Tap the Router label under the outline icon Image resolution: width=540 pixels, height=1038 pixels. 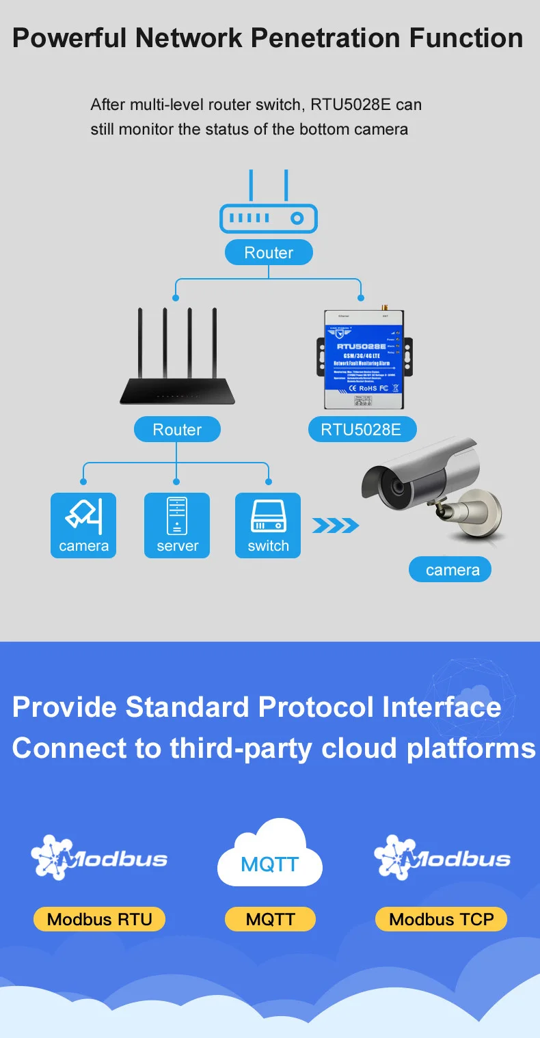[x=269, y=253]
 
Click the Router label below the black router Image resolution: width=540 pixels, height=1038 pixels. [x=177, y=430]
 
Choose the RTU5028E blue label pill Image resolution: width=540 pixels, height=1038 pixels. [x=361, y=430]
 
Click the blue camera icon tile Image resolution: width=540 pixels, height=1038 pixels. [x=83, y=525]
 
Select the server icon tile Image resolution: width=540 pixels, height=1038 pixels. [x=177, y=525]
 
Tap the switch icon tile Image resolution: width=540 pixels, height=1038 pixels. [x=268, y=525]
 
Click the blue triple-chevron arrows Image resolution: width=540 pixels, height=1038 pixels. [x=335, y=525]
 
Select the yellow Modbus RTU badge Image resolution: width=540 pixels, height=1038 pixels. [x=99, y=919]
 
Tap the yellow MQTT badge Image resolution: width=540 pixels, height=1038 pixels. [x=270, y=919]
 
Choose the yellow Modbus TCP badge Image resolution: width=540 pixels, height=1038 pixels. [x=441, y=919]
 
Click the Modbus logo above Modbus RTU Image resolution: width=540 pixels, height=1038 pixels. [x=99, y=857]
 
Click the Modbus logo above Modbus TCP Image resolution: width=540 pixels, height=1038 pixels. [x=442, y=857]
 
